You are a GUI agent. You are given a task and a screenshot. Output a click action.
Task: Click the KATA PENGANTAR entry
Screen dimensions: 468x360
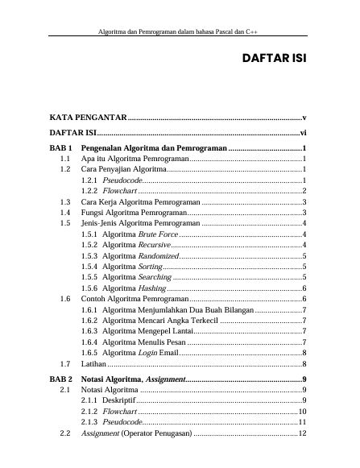coord(88,118)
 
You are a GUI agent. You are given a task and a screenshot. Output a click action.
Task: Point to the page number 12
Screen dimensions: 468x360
coord(303,433)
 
